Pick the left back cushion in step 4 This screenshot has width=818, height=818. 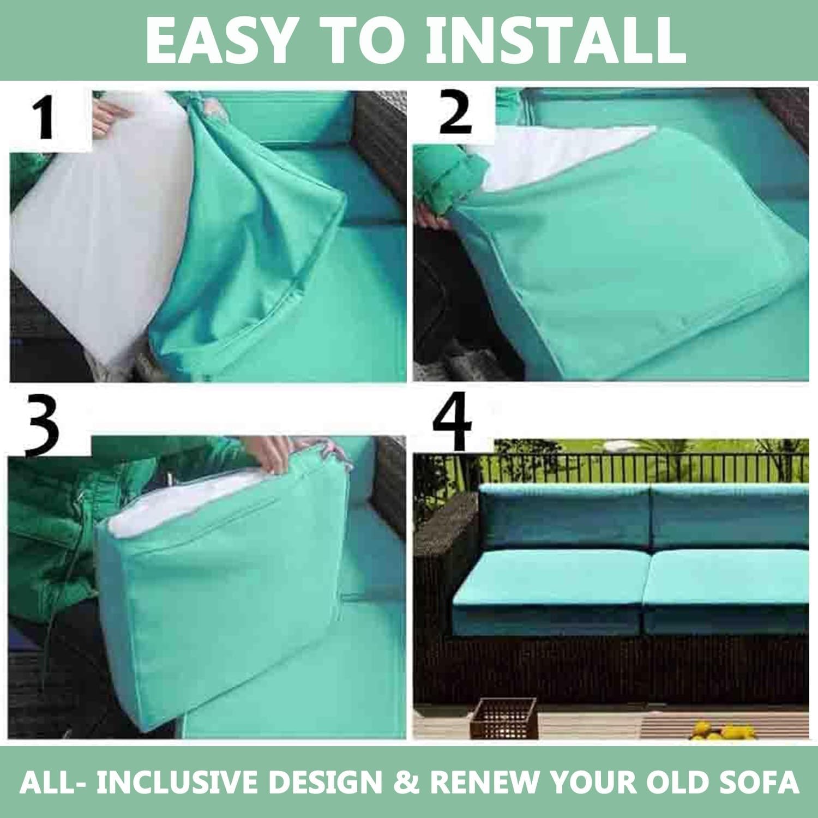click(564, 518)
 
